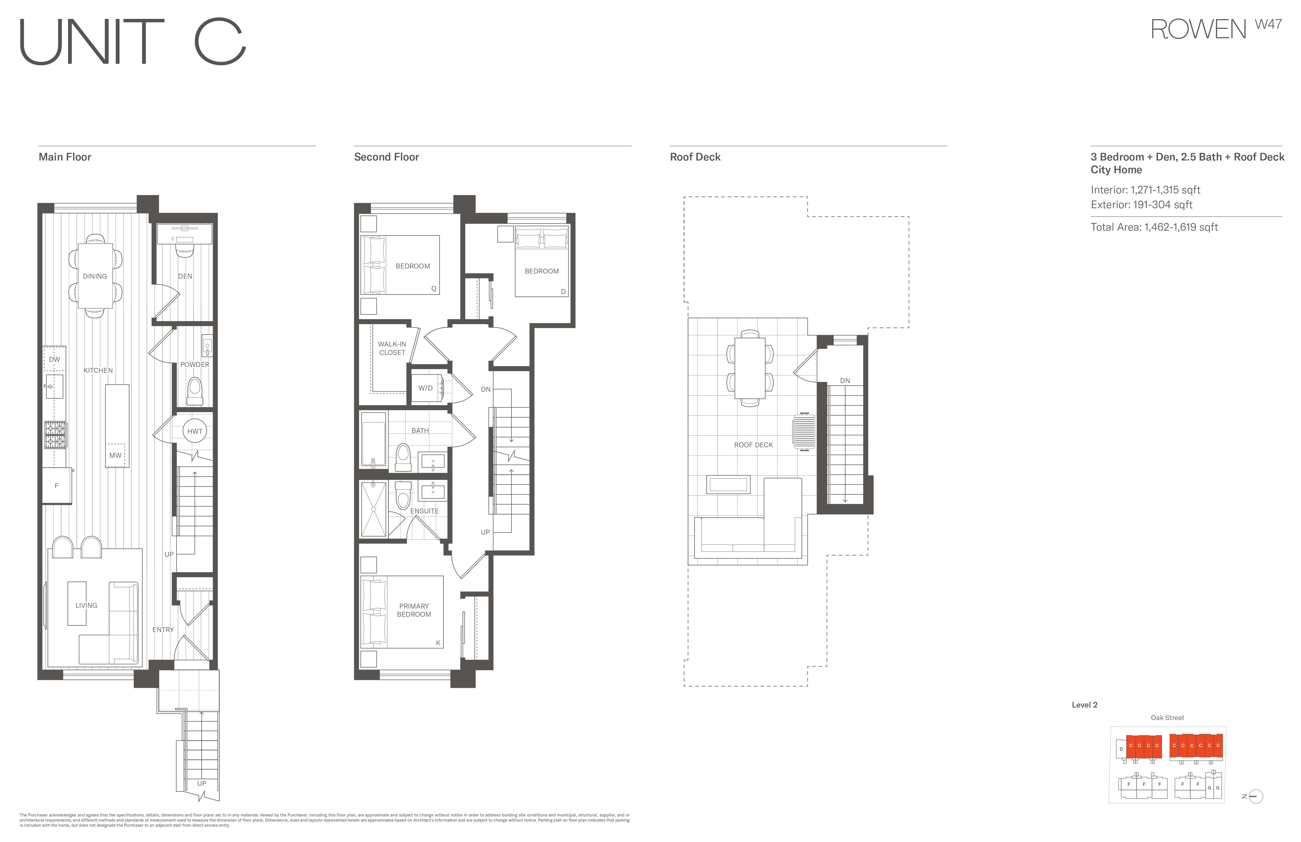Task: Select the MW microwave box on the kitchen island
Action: (x=115, y=455)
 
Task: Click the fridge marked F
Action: (x=57, y=486)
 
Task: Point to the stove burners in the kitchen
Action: (x=55, y=435)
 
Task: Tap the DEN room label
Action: (x=185, y=276)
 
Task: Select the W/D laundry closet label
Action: (x=425, y=388)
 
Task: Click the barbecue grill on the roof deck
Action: (x=804, y=432)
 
